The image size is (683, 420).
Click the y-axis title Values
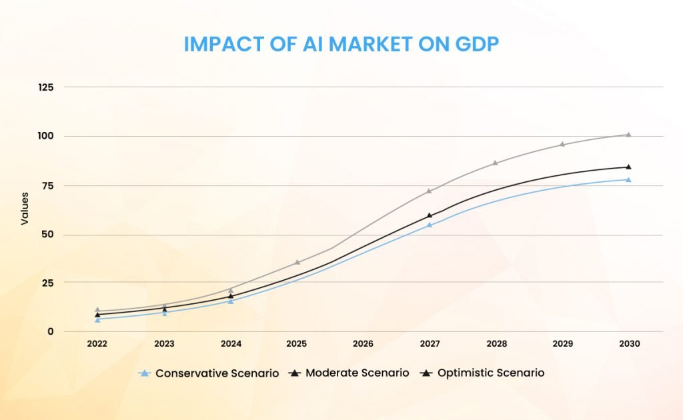[25, 209]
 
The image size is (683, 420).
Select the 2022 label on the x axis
[97, 344]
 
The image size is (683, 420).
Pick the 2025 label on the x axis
[297, 344]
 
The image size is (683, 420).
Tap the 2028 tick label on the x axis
[496, 344]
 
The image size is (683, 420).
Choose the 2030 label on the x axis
[629, 344]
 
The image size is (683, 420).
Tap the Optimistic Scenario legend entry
[483, 373]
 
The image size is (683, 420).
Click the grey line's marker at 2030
[628, 135]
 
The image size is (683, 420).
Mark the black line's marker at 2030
[628, 167]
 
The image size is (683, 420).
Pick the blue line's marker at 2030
[628, 179]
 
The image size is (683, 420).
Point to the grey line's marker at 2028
[496, 163]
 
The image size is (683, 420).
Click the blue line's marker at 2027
[430, 225]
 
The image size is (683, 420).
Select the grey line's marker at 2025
[297, 262]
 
